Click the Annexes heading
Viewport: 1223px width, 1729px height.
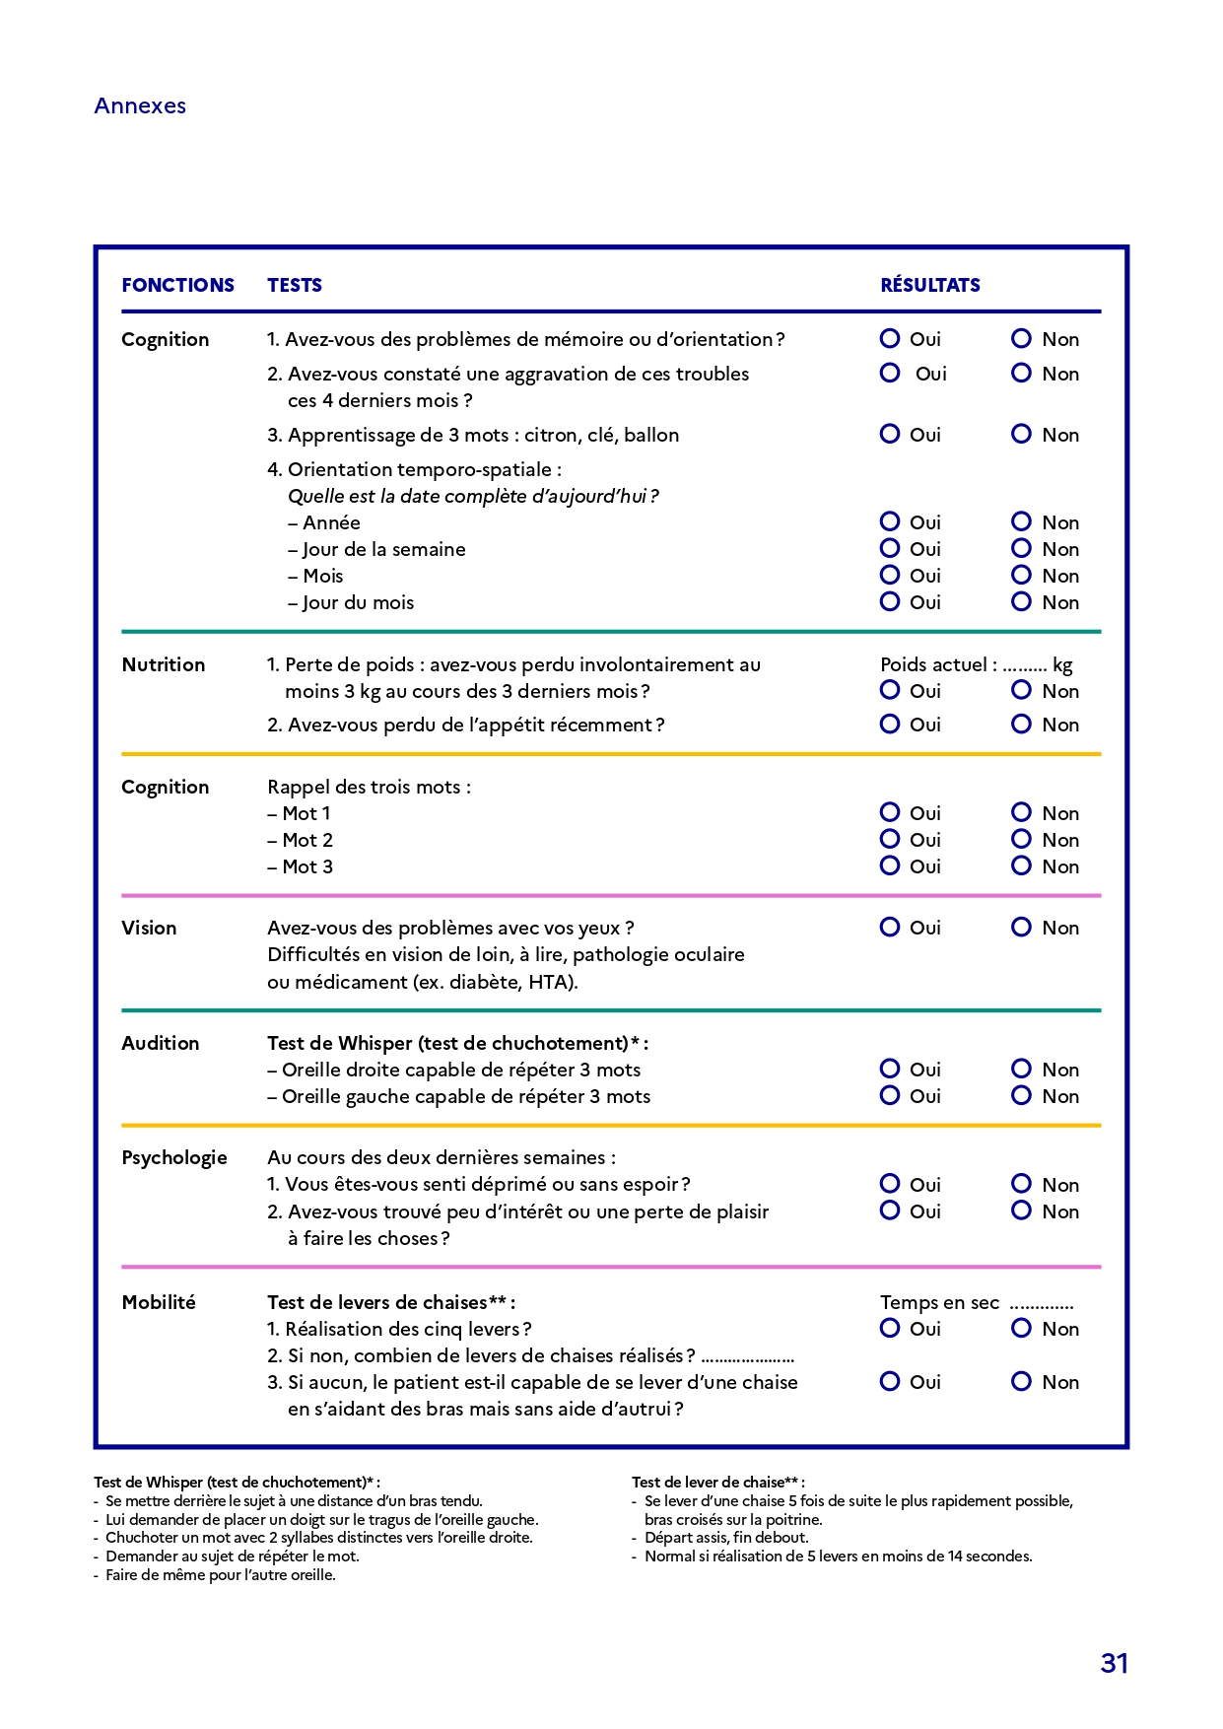click(x=140, y=105)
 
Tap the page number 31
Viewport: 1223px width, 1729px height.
click(x=1114, y=1663)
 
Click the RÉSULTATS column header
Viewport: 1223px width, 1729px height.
click(x=929, y=285)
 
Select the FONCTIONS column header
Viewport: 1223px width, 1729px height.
click(x=177, y=285)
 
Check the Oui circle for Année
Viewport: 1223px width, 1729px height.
click(x=890, y=521)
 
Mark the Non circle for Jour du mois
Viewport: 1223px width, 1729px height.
click(x=1021, y=601)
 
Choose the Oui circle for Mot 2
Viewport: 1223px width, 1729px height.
click(x=890, y=839)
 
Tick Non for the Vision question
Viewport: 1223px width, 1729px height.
click(x=1021, y=927)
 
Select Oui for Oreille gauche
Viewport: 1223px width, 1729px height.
click(x=890, y=1095)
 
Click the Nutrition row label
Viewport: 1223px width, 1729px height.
click(x=163, y=664)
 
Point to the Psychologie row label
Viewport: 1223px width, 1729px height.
click(x=173, y=1157)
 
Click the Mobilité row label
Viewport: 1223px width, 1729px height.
click(x=158, y=1302)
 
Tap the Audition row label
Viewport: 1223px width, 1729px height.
click(x=160, y=1043)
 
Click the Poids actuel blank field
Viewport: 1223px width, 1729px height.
click(x=1025, y=666)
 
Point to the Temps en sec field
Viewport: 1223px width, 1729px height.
click(x=1041, y=1304)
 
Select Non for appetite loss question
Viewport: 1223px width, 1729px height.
click(x=1021, y=724)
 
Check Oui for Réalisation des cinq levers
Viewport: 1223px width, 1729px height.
click(x=890, y=1328)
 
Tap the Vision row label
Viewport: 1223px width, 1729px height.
click(x=149, y=928)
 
